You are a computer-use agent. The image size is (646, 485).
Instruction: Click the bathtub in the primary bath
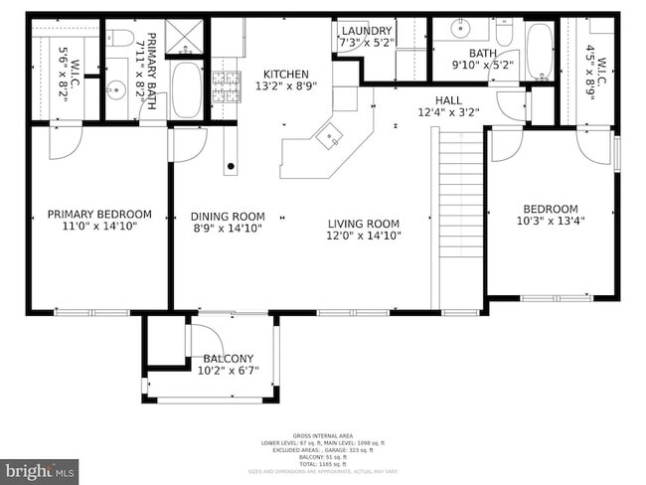coord(187,90)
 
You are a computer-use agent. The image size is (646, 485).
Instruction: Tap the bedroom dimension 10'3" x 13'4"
coord(550,222)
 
